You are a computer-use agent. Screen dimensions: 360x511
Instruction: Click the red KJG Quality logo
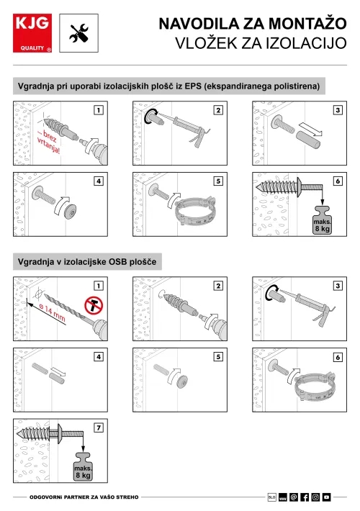coord(32,33)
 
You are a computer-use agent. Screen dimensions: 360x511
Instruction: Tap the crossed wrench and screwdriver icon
coord(79,33)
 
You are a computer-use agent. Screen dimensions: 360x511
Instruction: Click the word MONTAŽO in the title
coord(307,24)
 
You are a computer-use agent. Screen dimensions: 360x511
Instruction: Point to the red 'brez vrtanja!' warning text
coord(48,142)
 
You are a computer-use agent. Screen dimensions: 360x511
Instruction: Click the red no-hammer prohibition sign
coord(94,305)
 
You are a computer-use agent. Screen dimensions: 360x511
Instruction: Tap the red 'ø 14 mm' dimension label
coord(52,312)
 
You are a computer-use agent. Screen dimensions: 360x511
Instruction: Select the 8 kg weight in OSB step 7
coord(83,466)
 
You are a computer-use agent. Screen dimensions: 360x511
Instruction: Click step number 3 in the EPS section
coord(338,110)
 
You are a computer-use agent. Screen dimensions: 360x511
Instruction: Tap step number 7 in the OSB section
coord(99,428)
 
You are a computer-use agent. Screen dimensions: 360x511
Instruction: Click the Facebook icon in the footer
coord(305,497)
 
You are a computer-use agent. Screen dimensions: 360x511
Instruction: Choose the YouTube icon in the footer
coord(326,497)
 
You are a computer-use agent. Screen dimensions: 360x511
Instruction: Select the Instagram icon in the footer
coord(315,497)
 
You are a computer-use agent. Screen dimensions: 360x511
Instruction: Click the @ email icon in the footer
coord(294,497)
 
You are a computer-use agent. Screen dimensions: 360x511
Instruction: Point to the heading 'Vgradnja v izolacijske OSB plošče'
coord(87,262)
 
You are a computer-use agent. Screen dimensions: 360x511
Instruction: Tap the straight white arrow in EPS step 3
coord(311,129)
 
